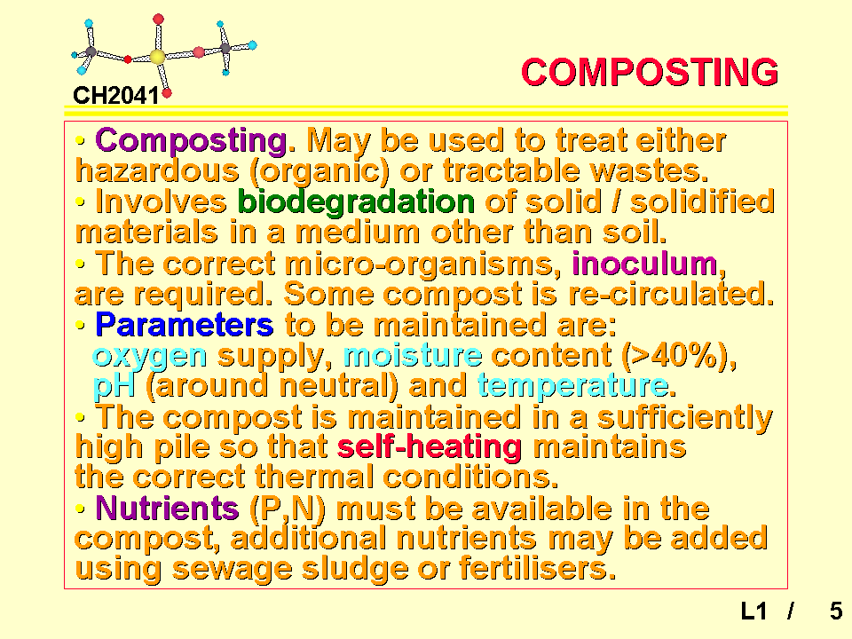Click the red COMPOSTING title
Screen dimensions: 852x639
[x=650, y=72]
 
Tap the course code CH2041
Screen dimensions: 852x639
[x=115, y=96]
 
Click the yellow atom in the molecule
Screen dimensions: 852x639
[x=157, y=57]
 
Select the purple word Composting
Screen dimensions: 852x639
[x=191, y=141]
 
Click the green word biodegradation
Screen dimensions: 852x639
[x=357, y=202]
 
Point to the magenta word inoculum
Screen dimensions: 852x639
[x=645, y=264]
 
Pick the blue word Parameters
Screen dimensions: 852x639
[x=185, y=325]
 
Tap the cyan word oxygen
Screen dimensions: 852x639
[x=150, y=357]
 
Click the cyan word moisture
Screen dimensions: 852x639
[x=413, y=355]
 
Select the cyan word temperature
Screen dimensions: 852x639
[x=572, y=386]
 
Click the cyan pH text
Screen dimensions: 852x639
[x=114, y=386]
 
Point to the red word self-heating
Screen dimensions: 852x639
[x=430, y=447]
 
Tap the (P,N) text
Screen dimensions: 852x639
[x=287, y=509]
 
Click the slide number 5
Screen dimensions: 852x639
[x=836, y=611]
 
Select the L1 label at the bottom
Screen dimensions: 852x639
[x=753, y=611]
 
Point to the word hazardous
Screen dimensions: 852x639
[x=157, y=170]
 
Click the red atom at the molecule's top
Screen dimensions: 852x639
[x=158, y=20]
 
